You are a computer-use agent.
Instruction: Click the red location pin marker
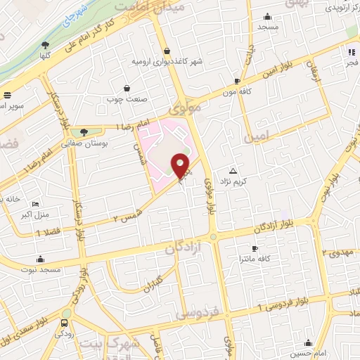point(181,165)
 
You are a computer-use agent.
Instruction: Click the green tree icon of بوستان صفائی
point(84,131)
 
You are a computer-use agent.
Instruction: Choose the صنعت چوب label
point(125,99)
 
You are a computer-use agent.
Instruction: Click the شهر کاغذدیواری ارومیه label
point(167,61)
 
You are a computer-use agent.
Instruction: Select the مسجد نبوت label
point(41,270)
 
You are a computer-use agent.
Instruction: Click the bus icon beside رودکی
point(65,323)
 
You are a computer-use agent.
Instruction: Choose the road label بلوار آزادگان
point(280,229)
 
